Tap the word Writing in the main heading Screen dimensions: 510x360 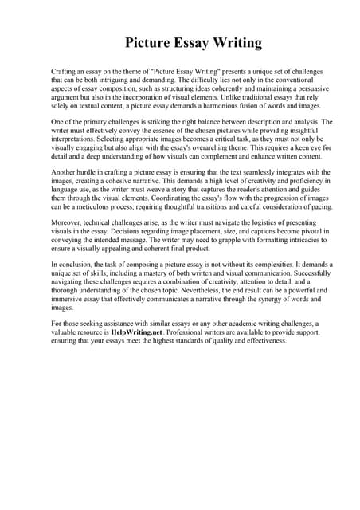[x=234, y=42]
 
